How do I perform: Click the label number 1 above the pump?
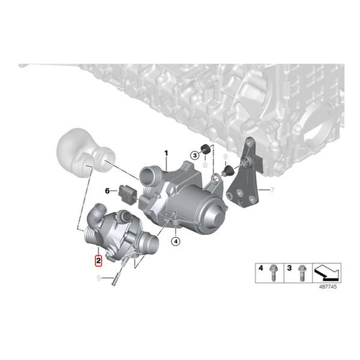167,153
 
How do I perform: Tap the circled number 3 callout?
194,155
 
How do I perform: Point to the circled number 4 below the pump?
175,242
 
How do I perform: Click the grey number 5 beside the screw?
98,278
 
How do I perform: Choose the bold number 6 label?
108,191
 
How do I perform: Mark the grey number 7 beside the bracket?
271,191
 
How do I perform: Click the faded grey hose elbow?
81,154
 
